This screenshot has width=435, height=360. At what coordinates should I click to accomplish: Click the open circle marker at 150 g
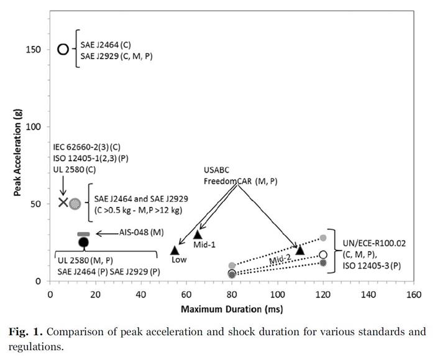click(63, 49)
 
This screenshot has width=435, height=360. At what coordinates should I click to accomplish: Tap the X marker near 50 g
click(63, 202)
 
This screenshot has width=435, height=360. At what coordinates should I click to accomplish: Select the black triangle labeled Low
click(175, 250)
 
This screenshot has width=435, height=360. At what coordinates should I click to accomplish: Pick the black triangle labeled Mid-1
click(198, 234)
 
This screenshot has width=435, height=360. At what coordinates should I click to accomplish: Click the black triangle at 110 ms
click(300, 249)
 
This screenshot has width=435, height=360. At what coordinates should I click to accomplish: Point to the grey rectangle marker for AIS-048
click(83, 234)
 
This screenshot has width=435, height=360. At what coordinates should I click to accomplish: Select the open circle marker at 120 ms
click(323, 255)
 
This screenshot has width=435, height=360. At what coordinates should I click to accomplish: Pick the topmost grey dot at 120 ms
click(323, 238)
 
